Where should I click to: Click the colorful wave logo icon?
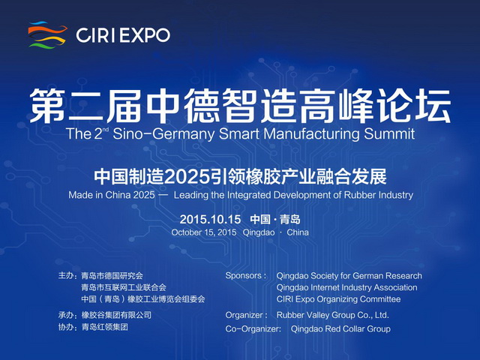click(47, 34)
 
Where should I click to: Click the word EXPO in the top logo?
click(145, 35)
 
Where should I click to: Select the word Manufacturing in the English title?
click(312, 134)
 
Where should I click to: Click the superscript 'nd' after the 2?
click(106, 130)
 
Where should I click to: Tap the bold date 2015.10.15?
click(210, 219)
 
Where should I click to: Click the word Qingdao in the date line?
click(259, 232)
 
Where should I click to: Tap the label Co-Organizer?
click(253, 328)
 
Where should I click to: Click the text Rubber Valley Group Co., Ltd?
click(333, 315)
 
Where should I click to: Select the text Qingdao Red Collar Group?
click(340, 329)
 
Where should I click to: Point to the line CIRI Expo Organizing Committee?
click(338, 299)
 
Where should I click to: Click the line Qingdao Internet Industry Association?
click(346, 287)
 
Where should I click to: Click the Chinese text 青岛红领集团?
click(104, 327)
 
